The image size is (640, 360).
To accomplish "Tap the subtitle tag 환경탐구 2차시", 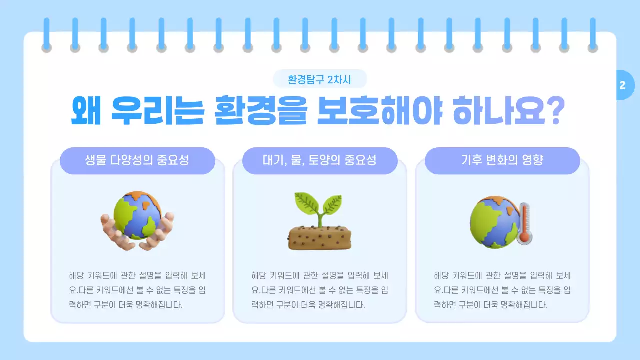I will pyautogui.click(x=320, y=79).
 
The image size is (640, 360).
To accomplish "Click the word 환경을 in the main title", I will pyautogui.click(x=260, y=111).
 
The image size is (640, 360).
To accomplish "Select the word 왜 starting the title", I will pyautogui.click(x=87, y=111).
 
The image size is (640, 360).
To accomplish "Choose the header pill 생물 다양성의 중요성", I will pyautogui.click(x=137, y=161).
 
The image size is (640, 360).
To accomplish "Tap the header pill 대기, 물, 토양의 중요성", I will pyautogui.click(x=320, y=161).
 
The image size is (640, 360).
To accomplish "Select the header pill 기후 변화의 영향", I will pyautogui.click(x=502, y=161).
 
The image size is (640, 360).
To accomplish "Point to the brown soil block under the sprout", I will pyautogui.click(x=320, y=238).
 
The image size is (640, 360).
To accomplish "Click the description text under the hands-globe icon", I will pyautogui.click(x=137, y=290).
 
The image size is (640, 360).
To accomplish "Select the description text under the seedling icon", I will pyautogui.click(x=320, y=290).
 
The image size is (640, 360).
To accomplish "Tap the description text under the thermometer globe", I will pyautogui.click(x=502, y=290).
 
